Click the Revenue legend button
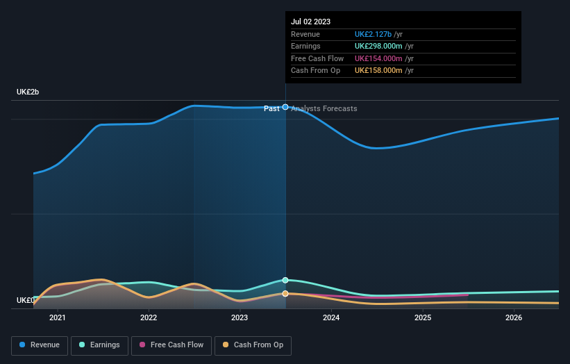[x=40, y=345]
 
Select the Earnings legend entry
[x=99, y=345]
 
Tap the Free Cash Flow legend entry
[x=171, y=345]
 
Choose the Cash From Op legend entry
[x=253, y=345]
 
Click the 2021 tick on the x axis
[x=58, y=318]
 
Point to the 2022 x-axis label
[x=149, y=318]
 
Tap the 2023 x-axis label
[x=240, y=318]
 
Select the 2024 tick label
[x=331, y=318]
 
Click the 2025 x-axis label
[x=423, y=318]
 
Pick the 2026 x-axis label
[x=514, y=318]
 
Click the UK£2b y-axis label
[x=28, y=92]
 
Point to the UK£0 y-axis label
[x=26, y=300]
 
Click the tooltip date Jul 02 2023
[x=310, y=22]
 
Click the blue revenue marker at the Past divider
[x=285, y=107]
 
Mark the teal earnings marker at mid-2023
[x=285, y=280]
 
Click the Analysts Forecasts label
[x=324, y=108]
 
